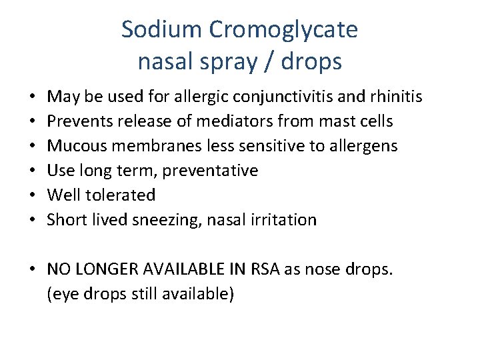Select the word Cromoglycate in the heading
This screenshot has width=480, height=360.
[284, 30]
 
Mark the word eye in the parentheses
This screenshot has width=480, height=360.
[63, 293]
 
